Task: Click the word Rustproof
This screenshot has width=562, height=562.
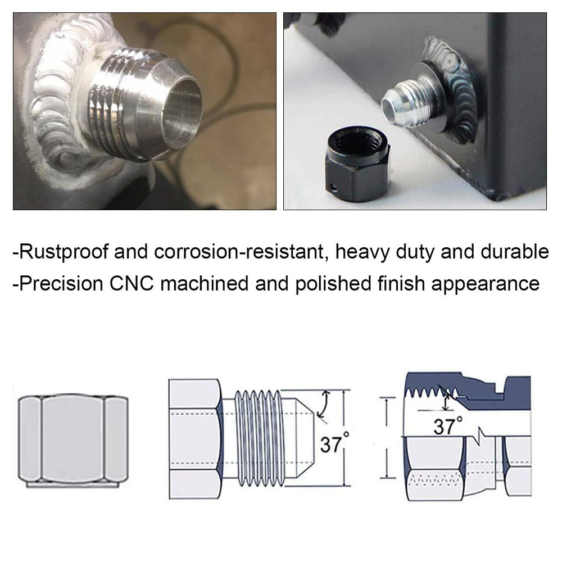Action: [x=62, y=251]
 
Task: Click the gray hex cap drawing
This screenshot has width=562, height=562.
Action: [x=73, y=439]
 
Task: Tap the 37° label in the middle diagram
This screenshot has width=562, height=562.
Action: [x=332, y=444]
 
